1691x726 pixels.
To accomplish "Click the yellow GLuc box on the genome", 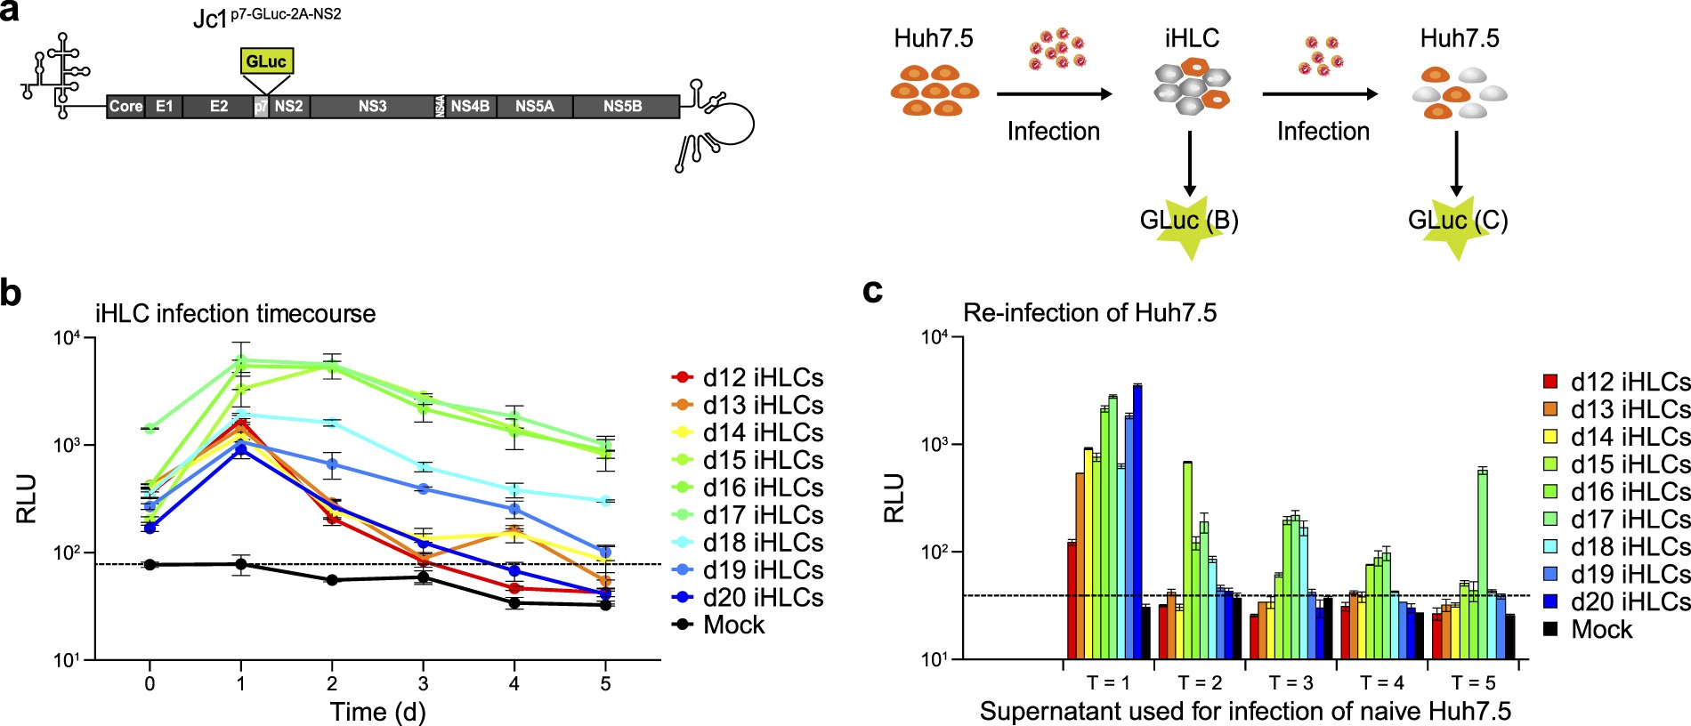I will [x=266, y=61].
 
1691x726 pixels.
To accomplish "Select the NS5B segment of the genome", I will [x=622, y=107].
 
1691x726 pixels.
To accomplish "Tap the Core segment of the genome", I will [x=125, y=107].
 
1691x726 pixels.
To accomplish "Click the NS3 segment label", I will [x=372, y=107].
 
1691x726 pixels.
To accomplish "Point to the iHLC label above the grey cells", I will [x=1192, y=39].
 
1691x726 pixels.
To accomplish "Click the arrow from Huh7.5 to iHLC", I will [x=1054, y=93].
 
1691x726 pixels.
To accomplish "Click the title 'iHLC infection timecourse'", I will [x=235, y=314].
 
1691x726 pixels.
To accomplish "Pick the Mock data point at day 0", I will [x=150, y=564].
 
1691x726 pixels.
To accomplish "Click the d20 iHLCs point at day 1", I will [x=240, y=450].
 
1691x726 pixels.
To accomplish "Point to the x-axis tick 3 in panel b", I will [x=423, y=683].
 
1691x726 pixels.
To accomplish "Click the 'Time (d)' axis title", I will [x=377, y=712].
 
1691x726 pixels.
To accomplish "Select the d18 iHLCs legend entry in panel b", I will [x=748, y=543].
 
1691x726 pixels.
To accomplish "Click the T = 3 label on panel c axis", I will [x=1290, y=682].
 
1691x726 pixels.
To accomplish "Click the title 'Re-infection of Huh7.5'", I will [x=1089, y=313].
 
